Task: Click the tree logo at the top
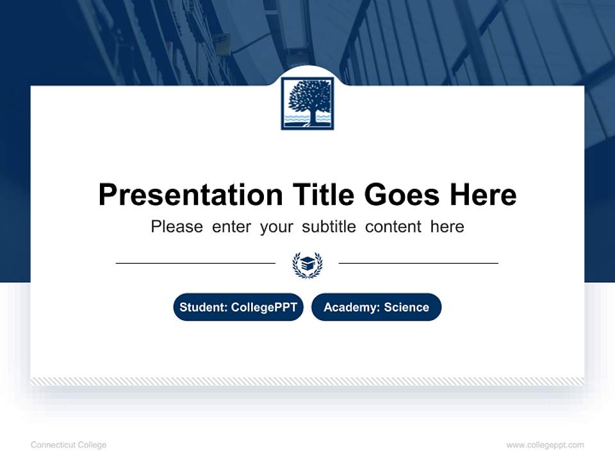point(307,103)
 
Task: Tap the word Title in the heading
point(324,195)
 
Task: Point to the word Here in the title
point(483,195)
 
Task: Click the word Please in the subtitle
point(177,227)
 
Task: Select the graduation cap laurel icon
point(307,264)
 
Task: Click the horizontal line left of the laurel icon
point(195,263)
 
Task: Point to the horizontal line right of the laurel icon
point(418,263)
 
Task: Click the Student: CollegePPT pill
point(238,307)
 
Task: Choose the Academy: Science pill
point(376,307)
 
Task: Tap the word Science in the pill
point(406,307)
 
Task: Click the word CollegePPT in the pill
point(264,307)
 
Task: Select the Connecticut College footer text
point(69,445)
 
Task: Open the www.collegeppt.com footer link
point(545,445)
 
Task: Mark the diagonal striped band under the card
point(307,381)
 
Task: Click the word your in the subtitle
point(277,227)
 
